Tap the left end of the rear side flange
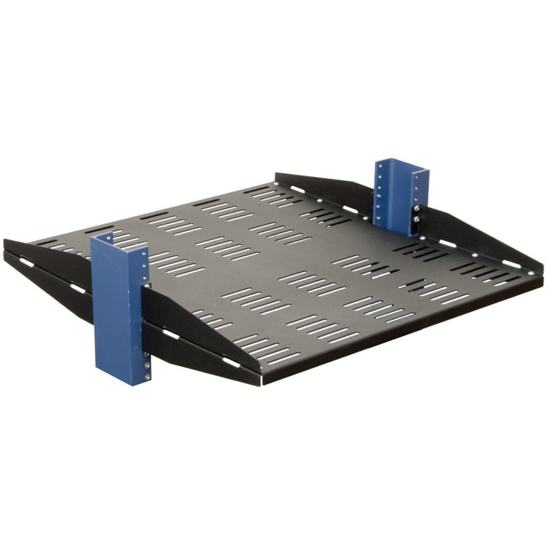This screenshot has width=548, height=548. pyautogui.click(x=276, y=178)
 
